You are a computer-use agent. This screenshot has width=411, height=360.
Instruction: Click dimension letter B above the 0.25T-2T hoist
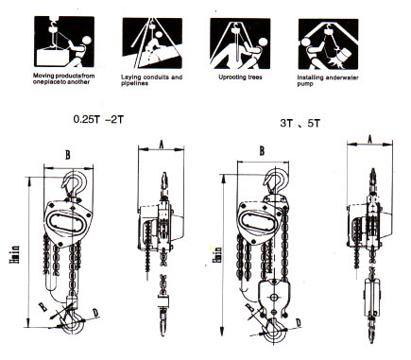(66, 155)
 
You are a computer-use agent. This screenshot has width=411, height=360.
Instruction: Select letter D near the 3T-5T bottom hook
(298, 322)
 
